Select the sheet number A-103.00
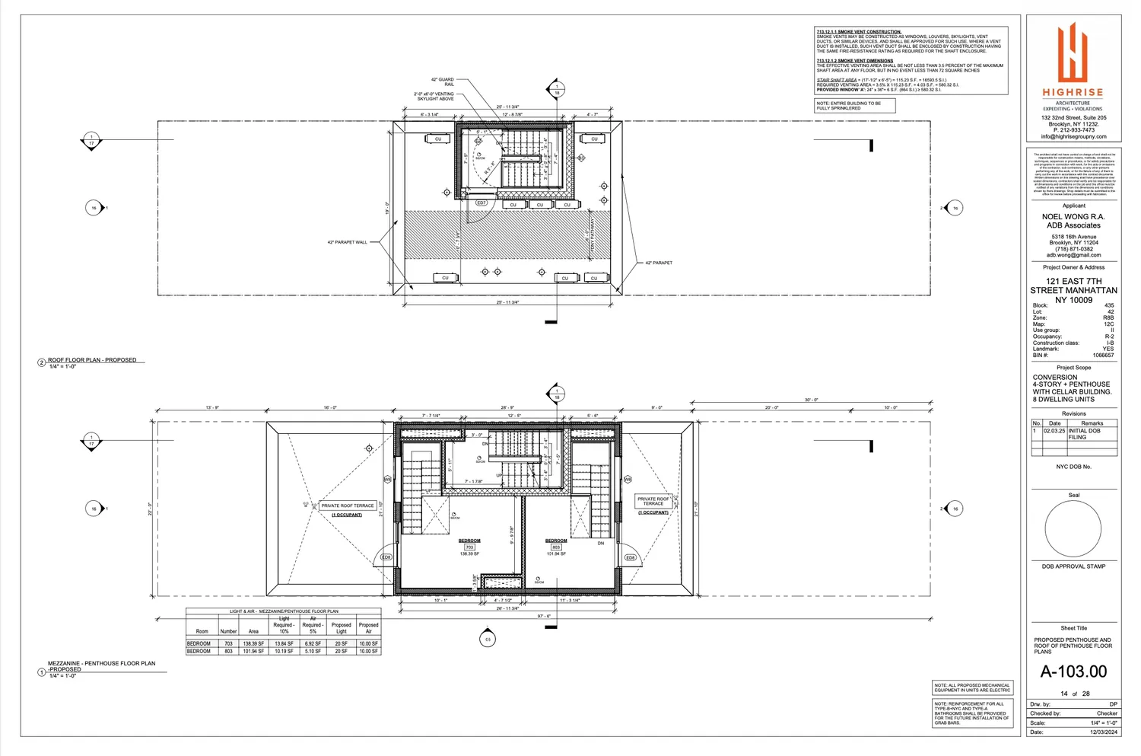point(1073,671)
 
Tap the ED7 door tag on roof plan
point(481,203)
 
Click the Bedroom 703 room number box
point(469,547)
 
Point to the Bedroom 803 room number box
point(556,547)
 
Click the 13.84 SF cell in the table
point(284,643)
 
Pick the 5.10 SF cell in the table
point(313,651)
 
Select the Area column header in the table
point(253,631)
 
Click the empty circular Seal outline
point(1073,530)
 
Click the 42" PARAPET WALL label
point(347,242)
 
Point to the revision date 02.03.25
point(1054,431)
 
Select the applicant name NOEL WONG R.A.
point(1073,217)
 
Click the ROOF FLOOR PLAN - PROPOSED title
point(92,360)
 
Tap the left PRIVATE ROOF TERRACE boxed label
point(348,506)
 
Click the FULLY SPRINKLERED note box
point(854,106)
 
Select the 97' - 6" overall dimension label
point(544,617)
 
